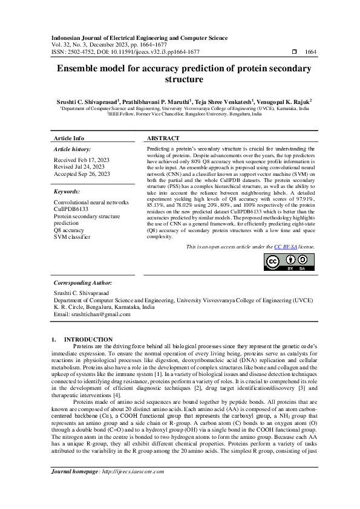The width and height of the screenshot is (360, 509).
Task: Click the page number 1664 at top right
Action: click(310, 53)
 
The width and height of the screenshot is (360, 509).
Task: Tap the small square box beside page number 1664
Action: click(293, 53)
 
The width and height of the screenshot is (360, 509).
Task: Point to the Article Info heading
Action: click(69, 138)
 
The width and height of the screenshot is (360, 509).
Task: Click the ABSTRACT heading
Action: click(163, 138)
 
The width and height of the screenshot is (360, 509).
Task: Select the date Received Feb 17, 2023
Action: click(82, 160)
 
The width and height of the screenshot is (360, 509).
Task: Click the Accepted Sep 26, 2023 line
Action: click(82, 173)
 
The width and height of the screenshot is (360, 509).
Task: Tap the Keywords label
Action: click(68, 191)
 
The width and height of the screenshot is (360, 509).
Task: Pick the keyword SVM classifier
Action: click(73, 236)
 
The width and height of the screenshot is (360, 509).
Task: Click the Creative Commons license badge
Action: click(288, 262)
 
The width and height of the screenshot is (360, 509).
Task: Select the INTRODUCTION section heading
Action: click(88, 340)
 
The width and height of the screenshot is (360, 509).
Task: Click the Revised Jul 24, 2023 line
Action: click(79, 167)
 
